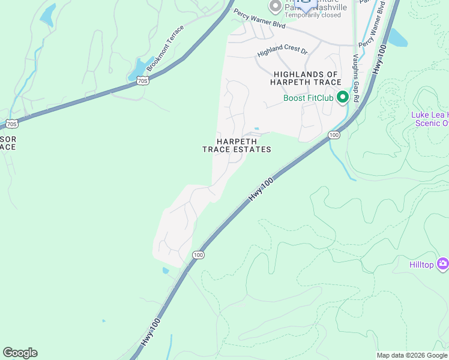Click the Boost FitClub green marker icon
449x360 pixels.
343,97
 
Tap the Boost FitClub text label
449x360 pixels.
309,98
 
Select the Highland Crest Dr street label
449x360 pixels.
282,52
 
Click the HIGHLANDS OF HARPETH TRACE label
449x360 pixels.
307,78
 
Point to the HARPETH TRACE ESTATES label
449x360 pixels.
237,145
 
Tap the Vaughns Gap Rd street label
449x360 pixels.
355,77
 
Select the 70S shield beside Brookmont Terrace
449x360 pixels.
142,80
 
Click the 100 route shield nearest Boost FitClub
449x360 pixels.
334,136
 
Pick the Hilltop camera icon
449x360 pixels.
443,263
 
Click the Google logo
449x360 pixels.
20,353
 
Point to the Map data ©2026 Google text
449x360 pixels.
412,355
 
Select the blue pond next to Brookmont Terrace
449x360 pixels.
139,68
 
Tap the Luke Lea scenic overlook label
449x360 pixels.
429,119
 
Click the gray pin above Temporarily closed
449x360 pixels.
276,6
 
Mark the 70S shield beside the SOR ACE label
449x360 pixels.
11,124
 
